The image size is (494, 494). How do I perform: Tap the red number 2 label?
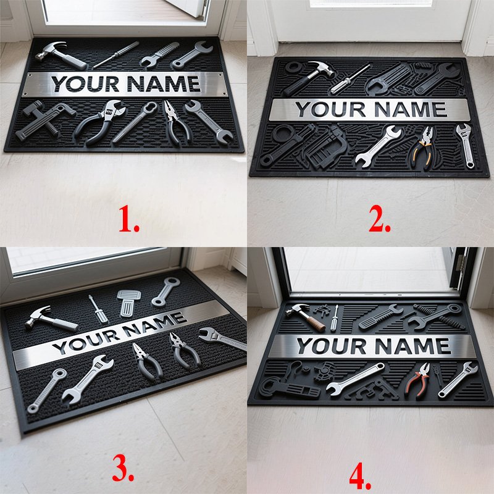click(379, 219)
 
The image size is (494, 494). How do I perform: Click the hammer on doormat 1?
click(60, 55)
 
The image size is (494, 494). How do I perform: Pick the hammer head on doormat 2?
click(321, 68)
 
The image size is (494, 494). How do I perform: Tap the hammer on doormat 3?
click(51, 319)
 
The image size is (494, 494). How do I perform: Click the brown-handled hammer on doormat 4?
click(306, 317)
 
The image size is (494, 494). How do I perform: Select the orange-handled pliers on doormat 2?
click(423, 148)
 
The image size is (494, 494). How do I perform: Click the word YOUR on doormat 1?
click(85, 84)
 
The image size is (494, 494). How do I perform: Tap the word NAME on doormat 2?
click(411, 109)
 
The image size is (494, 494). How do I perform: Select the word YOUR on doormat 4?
click(332, 346)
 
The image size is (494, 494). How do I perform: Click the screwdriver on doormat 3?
click(98, 309)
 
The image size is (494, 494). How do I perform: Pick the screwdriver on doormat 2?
click(350, 79)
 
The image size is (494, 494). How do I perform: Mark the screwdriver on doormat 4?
click(334, 318)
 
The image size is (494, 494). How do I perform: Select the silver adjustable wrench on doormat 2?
click(465, 146)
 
